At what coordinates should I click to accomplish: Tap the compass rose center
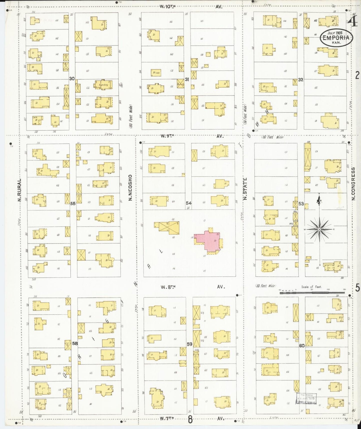pos(320,229)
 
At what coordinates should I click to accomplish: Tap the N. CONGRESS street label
pos(353,184)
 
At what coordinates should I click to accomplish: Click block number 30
pos(72,79)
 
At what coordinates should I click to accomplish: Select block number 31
pos(187,79)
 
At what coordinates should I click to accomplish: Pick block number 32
pos(301,80)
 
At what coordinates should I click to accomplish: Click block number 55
pos(73,203)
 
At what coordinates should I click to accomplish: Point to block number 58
pos(75,343)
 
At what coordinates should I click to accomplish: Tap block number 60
pos(302,346)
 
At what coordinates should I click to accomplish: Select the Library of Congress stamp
pos(306,398)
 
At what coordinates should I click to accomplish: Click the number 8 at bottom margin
pos(190,420)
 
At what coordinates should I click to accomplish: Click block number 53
pos(301,204)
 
